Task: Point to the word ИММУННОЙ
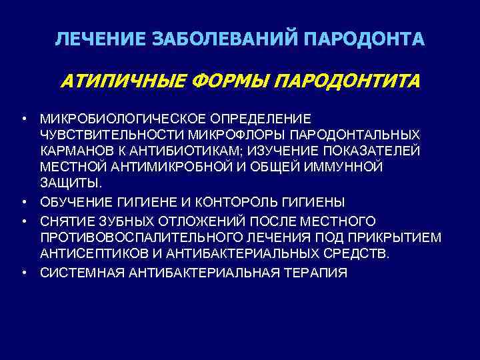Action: (339, 167)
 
